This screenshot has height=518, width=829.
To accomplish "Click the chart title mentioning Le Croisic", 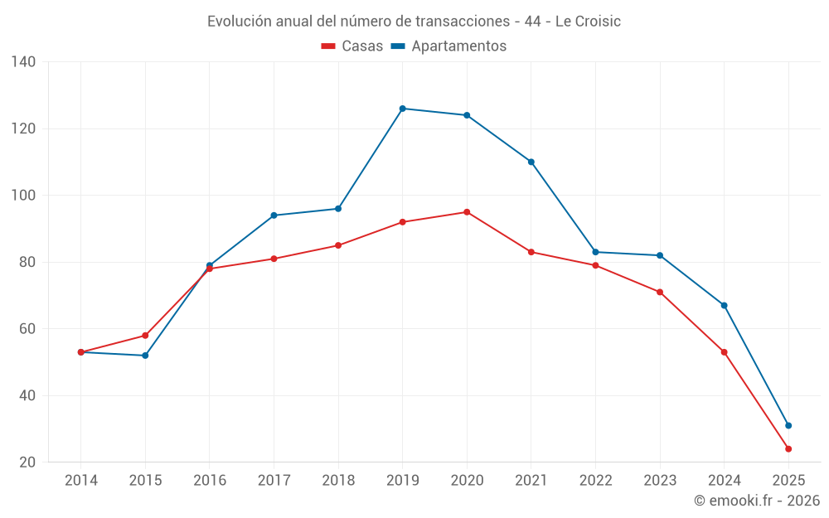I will pyautogui.click(x=414, y=21).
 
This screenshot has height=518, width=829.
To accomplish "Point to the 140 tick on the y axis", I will pyautogui.click(x=24, y=62).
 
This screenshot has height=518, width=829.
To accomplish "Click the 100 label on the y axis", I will pyautogui.click(x=24, y=196).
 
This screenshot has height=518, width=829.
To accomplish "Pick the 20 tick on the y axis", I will pyautogui.click(x=27, y=462).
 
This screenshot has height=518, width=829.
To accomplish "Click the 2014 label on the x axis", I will pyautogui.click(x=80, y=480).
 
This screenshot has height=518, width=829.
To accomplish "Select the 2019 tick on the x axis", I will pyautogui.click(x=402, y=480).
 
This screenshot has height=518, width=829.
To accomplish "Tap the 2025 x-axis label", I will pyautogui.click(x=788, y=480).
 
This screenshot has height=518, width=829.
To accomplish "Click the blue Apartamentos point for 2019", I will pyautogui.click(x=403, y=109).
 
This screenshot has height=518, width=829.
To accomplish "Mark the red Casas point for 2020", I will pyautogui.click(x=467, y=212).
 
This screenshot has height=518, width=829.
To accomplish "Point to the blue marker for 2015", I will pyautogui.click(x=145, y=356).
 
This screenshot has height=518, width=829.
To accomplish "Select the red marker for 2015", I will pyautogui.click(x=145, y=336).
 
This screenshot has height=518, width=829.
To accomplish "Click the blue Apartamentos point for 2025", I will pyautogui.click(x=788, y=425).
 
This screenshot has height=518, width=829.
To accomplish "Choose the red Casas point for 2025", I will pyautogui.click(x=788, y=448).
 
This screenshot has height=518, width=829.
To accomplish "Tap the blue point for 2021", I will pyautogui.click(x=531, y=162).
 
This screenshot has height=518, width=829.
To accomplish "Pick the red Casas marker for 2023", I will pyautogui.click(x=660, y=292).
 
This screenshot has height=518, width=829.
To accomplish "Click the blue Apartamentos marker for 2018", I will pyautogui.click(x=338, y=209).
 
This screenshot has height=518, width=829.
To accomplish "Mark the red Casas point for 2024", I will pyautogui.click(x=725, y=352).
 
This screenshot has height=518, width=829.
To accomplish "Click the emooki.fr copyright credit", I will pyautogui.click(x=757, y=501).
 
